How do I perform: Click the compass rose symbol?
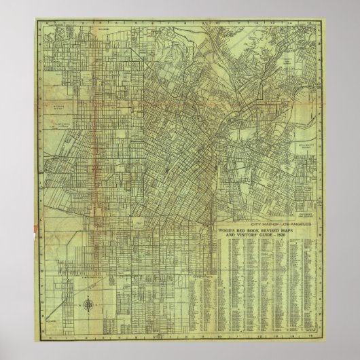pos(73,306)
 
